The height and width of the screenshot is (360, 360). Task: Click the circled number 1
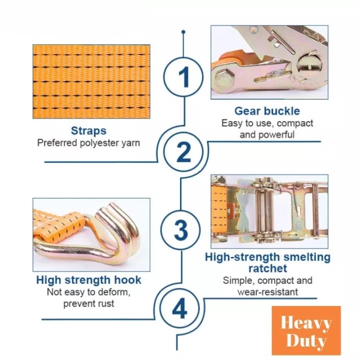coord(184,78)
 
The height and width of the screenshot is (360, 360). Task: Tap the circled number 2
coord(183,152)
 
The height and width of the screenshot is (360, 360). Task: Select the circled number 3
coord(180,230)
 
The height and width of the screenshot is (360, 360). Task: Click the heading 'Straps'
coord(88,130)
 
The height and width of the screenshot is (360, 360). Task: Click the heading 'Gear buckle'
coord(267,111)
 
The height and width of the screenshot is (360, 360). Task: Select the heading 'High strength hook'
coord(88,279)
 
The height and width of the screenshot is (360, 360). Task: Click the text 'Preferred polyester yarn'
coord(88,143)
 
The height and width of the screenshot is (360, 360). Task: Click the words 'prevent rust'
coord(88,303)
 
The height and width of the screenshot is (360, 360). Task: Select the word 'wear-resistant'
coord(267,292)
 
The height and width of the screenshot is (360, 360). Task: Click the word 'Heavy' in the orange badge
coord(306,322)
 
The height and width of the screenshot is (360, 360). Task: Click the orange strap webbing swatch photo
coord(91,81)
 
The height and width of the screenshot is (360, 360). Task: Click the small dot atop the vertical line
coord(183,32)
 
